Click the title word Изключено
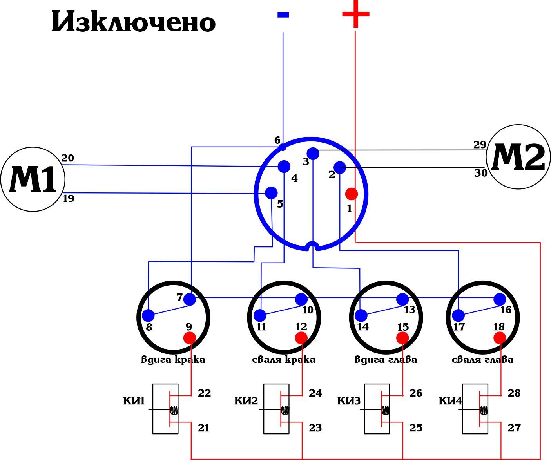click(133, 22)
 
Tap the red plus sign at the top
click(355, 14)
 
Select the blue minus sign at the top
click(283, 15)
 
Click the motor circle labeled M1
click(33, 179)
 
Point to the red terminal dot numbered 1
click(351, 194)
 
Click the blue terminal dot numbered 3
click(313, 154)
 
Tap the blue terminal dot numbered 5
click(271, 193)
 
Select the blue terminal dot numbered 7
click(190, 299)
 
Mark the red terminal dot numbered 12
click(301, 338)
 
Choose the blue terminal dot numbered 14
click(361, 315)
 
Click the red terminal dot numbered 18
click(500, 338)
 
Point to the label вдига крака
click(173, 359)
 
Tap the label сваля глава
click(482, 359)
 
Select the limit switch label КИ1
click(134, 401)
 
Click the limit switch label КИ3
click(348, 401)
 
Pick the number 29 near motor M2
click(480, 145)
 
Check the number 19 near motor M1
click(68, 199)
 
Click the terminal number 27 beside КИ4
click(514, 428)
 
